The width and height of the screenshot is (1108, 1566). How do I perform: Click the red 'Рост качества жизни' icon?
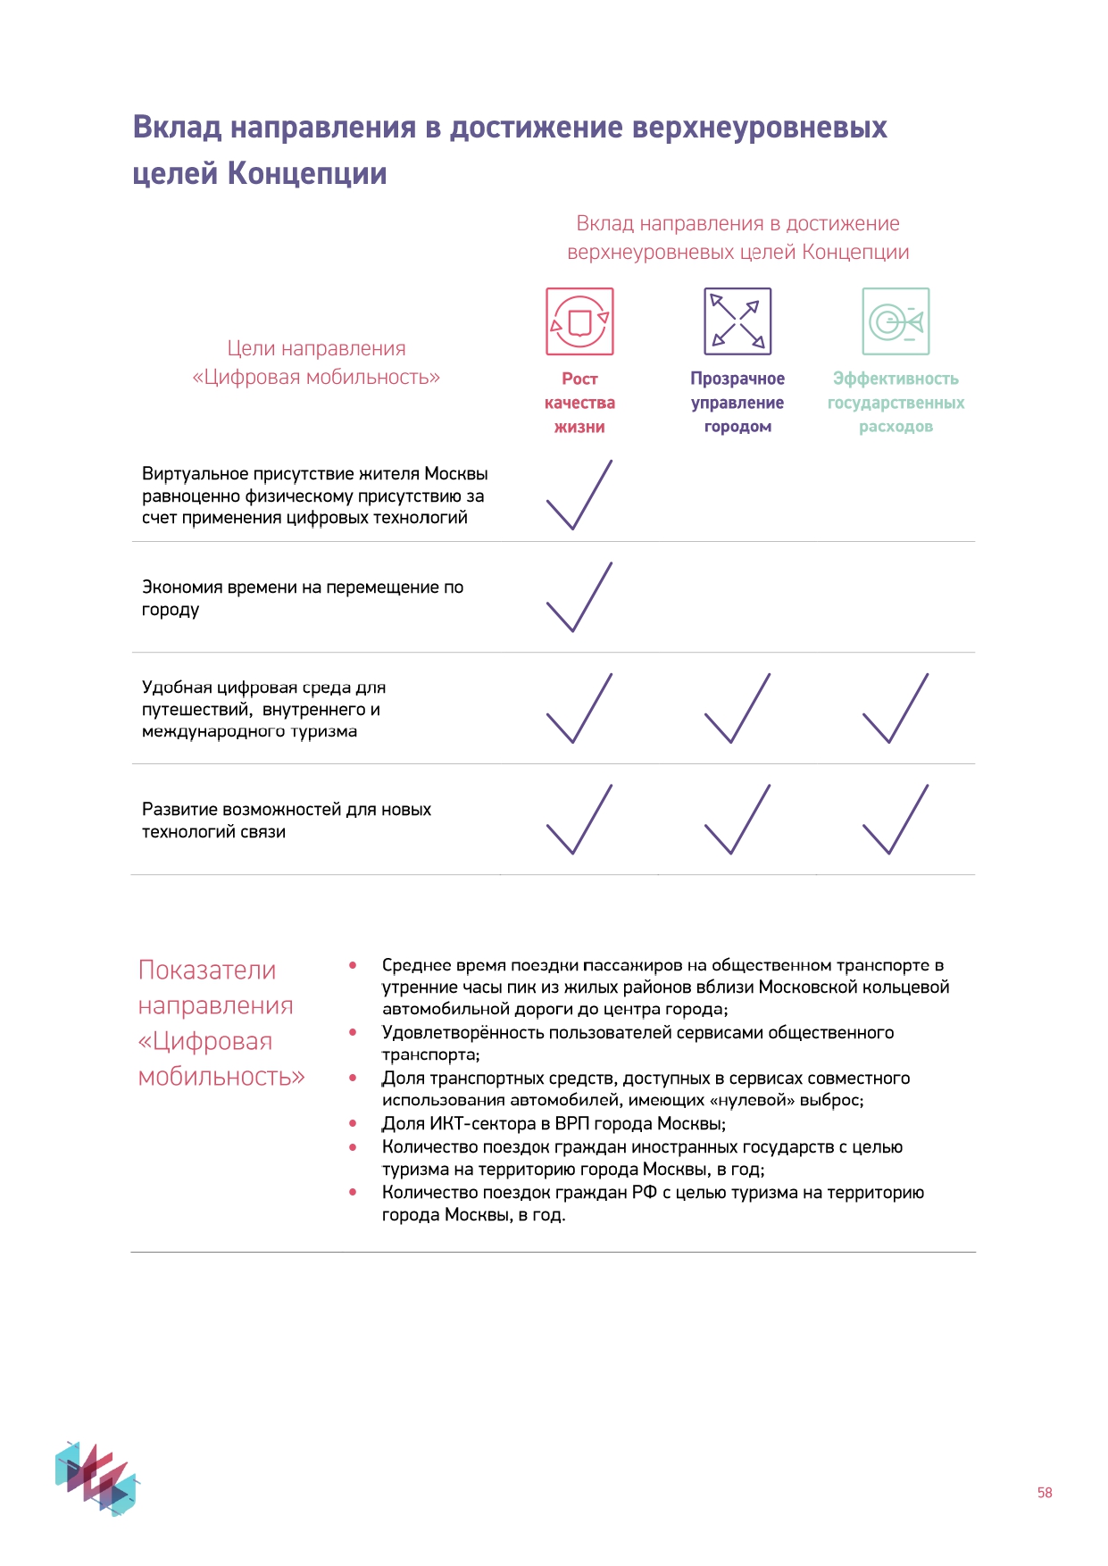tap(579, 321)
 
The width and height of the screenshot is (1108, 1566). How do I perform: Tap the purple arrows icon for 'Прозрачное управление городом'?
tap(737, 321)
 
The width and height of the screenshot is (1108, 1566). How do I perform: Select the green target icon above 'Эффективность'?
tap(896, 321)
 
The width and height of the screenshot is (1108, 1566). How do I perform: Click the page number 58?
tap(1045, 1492)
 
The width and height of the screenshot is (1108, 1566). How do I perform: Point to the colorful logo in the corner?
tap(96, 1478)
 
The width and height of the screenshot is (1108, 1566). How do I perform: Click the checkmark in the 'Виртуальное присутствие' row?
tap(579, 496)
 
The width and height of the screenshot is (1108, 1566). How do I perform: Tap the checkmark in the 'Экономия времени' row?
tap(579, 598)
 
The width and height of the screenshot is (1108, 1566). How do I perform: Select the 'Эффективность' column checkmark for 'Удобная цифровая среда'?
tap(895, 709)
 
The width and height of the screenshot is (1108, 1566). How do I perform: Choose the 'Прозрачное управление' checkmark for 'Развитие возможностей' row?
tap(737, 820)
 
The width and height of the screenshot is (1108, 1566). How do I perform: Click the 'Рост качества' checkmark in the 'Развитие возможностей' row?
tap(579, 820)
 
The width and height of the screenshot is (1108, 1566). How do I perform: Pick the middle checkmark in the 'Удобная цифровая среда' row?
tap(737, 709)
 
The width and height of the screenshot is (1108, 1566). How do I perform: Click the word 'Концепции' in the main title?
tap(307, 173)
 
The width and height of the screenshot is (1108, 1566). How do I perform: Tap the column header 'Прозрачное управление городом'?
tap(737, 403)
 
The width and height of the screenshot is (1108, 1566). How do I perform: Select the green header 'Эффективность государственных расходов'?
tap(896, 403)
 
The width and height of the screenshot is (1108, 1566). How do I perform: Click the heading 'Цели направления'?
tap(316, 348)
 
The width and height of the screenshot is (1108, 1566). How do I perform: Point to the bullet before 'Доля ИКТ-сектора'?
tap(354, 1124)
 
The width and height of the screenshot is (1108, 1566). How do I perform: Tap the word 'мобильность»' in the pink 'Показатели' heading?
tap(221, 1077)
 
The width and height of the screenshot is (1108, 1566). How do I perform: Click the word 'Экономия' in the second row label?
tap(181, 587)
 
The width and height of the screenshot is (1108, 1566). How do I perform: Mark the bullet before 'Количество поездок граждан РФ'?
tap(354, 1193)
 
